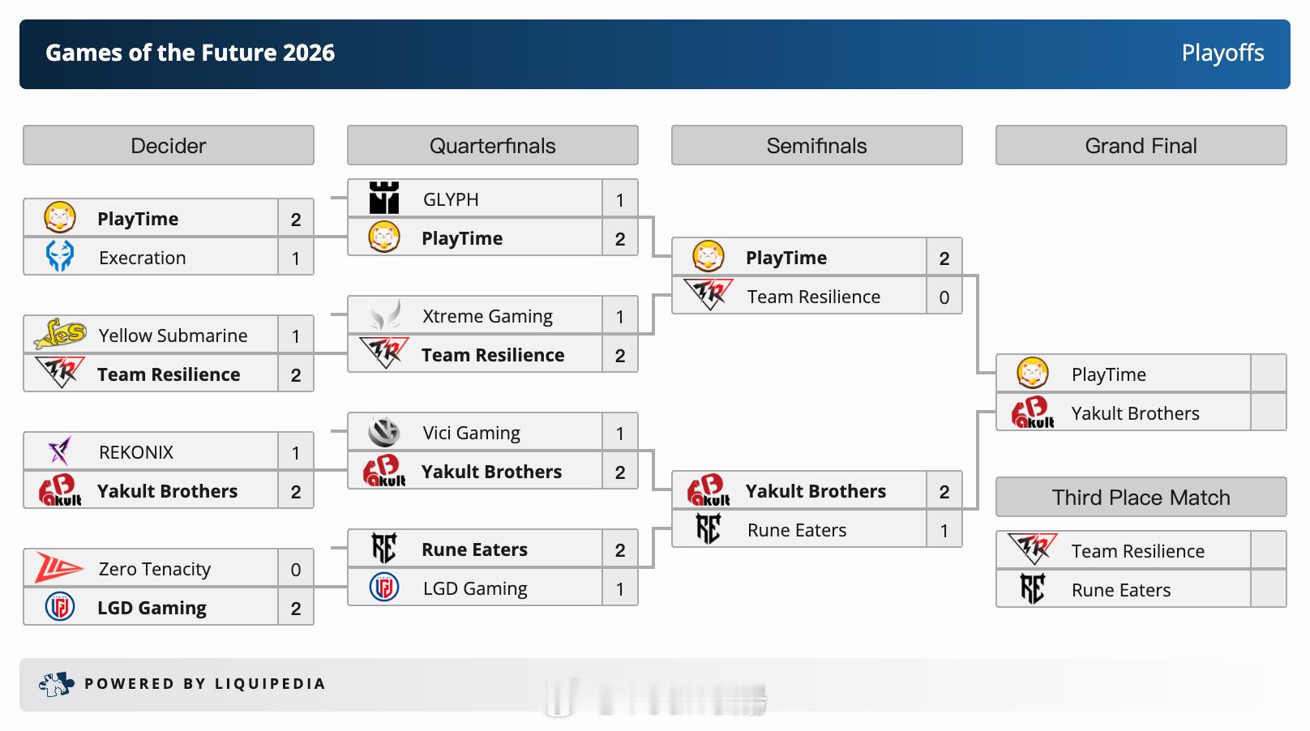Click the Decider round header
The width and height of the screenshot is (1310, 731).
[169, 145]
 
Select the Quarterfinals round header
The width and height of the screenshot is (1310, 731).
[492, 145]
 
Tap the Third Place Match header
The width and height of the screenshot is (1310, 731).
[1141, 497]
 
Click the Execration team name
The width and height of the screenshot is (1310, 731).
[142, 258]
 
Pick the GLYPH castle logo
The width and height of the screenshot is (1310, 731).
[384, 198]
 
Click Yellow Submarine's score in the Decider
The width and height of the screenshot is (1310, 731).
[296, 336]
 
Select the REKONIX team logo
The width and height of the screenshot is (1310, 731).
[59, 451]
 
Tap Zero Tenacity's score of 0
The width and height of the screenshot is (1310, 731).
[296, 569]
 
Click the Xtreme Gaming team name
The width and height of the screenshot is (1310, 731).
[487, 316]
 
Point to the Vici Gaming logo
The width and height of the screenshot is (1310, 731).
[384, 432]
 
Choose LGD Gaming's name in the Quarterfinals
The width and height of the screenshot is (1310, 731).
[475, 588]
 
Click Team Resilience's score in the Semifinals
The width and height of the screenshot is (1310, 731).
[944, 297]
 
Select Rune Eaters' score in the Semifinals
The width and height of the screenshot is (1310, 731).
[944, 530]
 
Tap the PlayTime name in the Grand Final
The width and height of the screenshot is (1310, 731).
[1108, 374]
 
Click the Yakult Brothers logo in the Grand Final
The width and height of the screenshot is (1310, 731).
[1033, 413]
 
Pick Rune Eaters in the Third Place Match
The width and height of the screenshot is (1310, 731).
[1120, 590]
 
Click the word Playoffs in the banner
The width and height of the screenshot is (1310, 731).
[1222, 53]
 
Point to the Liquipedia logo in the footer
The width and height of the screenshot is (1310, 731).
[56, 684]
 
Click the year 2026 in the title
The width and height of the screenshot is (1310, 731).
[309, 53]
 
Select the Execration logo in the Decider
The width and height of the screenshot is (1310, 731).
[60, 256]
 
